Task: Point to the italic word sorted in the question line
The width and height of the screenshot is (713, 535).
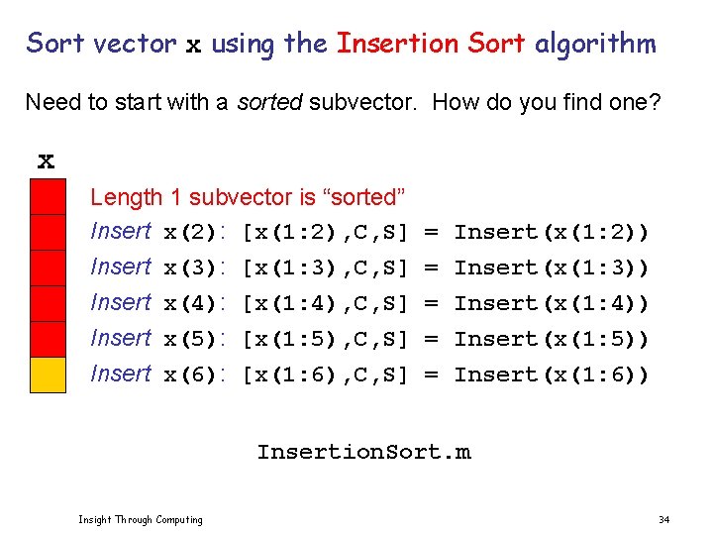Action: coord(268,102)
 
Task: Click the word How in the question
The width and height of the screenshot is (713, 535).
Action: coord(455,102)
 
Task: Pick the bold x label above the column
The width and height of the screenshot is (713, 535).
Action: coord(46,160)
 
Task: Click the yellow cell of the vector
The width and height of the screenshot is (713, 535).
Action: coord(48,374)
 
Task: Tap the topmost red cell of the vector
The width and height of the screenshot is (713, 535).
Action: coord(48,196)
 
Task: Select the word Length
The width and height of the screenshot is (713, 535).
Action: coord(125,198)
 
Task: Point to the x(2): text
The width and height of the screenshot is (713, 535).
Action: coord(196,233)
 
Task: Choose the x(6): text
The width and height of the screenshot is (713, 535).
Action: coord(196,375)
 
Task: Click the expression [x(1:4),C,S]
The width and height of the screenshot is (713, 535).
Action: coord(326,304)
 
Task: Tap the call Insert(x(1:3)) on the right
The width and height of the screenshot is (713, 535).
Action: coord(552,268)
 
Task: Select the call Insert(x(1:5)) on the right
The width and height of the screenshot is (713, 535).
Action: coord(552,340)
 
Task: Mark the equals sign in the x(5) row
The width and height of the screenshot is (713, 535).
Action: coord(432,340)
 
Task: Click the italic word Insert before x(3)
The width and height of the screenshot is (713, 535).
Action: coord(120,267)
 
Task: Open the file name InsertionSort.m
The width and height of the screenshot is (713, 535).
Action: coord(363,454)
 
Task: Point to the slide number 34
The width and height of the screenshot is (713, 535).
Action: coord(663,520)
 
